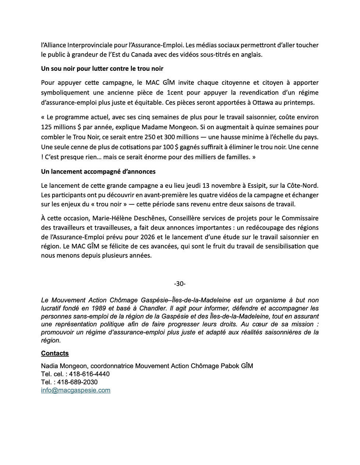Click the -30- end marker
tap(180, 284)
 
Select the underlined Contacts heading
tap(55, 353)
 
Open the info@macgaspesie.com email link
tap(76, 390)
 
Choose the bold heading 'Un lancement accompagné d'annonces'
tap(98, 171)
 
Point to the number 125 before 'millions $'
tap(47, 127)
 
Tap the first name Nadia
tap(49, 366)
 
